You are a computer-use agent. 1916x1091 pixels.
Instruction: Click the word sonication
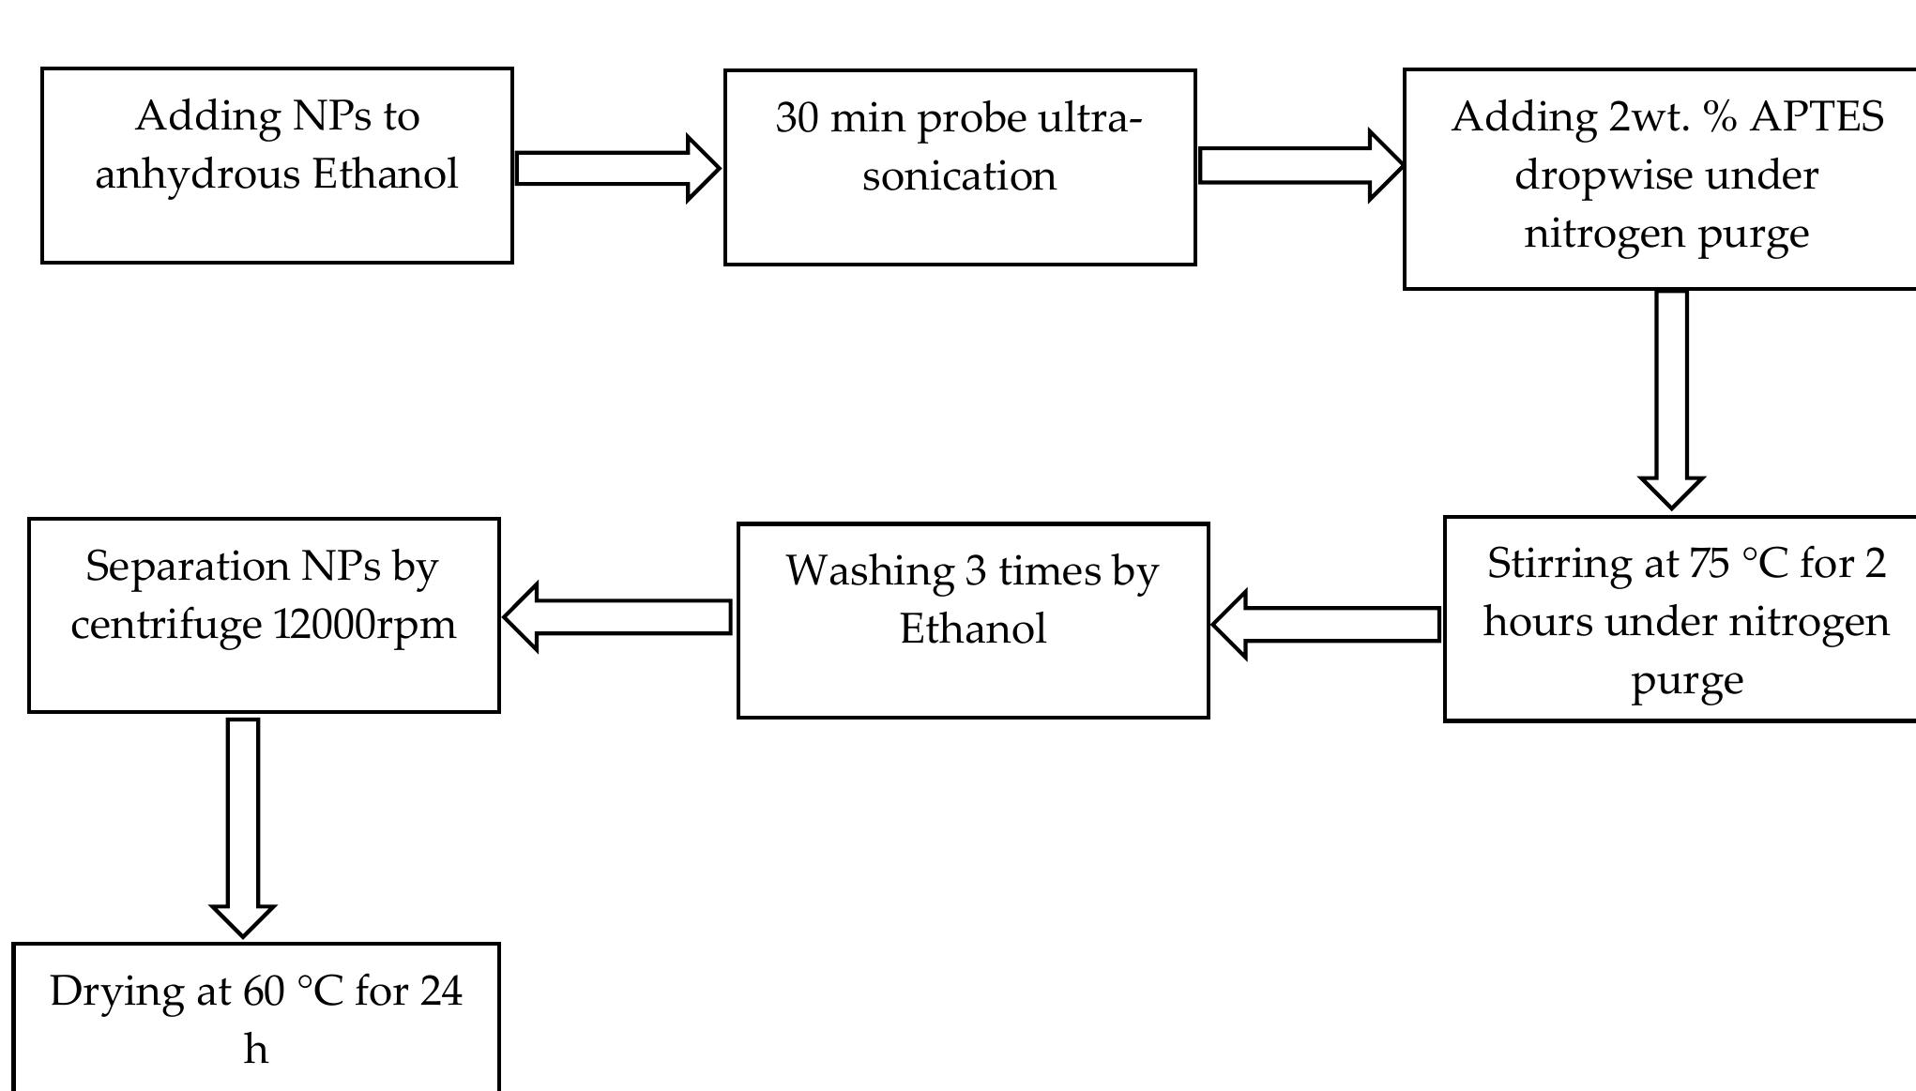(959, 176)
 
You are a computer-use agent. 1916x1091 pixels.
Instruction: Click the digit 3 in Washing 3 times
(976, 570)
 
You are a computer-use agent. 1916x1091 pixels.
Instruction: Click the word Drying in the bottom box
(116, 993)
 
